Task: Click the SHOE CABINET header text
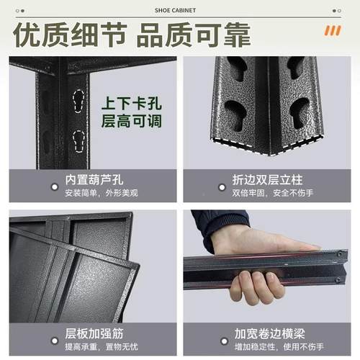179,10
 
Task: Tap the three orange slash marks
333,31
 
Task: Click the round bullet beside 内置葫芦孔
53,186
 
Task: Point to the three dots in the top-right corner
341,10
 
